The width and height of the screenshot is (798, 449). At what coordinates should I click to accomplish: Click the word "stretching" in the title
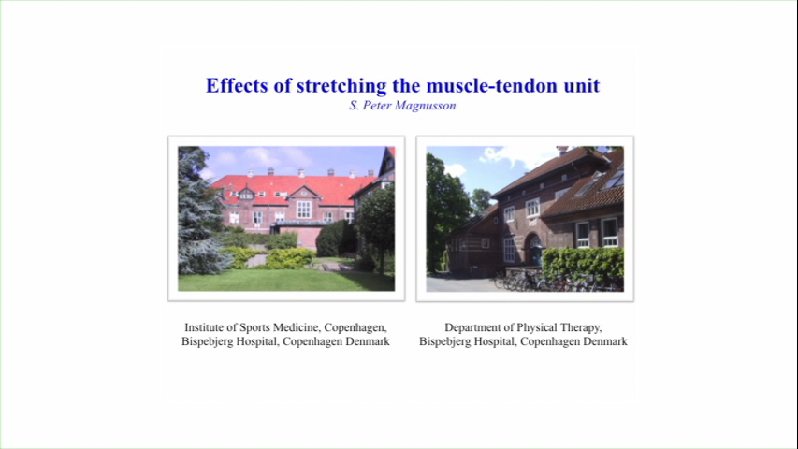tap(341, 86)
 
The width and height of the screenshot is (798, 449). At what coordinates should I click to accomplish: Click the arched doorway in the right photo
tap(534, 250)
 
